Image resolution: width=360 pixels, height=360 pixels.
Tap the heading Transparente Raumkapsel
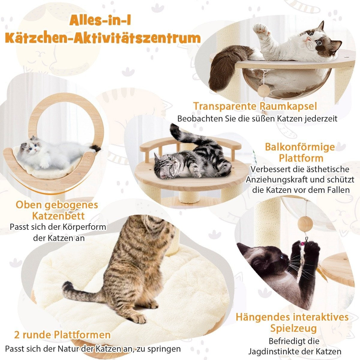[255, 106]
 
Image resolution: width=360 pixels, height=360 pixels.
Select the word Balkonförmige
[300, 147]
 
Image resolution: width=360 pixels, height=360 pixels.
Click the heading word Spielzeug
[293, 328]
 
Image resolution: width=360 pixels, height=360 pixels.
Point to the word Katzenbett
[58, 216]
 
